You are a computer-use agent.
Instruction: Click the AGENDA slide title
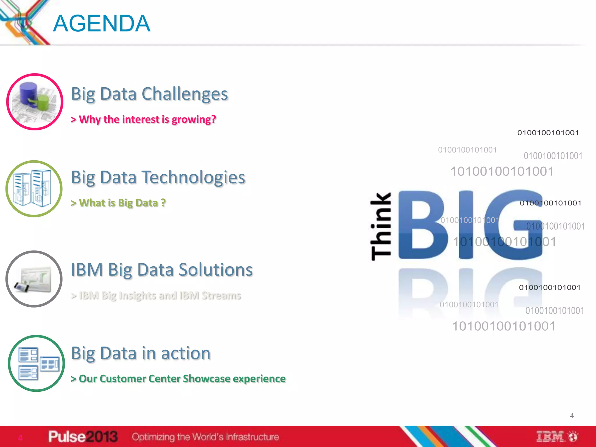coord(102,24)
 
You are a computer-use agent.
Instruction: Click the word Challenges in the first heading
coord(185,94)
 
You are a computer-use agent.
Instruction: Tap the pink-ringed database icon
coord(35,102)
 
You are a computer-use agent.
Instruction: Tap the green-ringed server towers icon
coord(34,189)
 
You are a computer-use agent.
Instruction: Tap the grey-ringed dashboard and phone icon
coord(34,279)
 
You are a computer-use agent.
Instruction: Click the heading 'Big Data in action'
coord(141,353)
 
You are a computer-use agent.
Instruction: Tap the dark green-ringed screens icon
coord(36,363)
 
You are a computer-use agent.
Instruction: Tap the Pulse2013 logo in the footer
coord(83,437)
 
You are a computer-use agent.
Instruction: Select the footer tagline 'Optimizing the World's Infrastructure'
coord(205,437)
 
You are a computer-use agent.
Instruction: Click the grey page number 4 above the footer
coord(572,416)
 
